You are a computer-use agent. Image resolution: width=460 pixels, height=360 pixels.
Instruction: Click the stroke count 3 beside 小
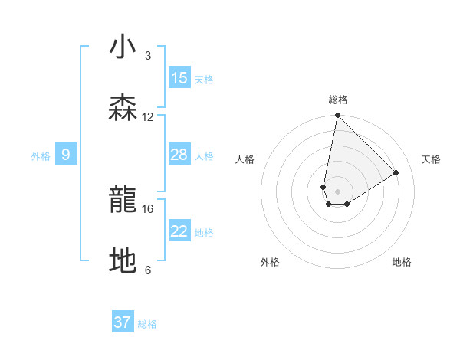pos(148,55)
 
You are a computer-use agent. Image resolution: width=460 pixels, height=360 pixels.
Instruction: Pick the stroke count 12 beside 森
pos(148,116)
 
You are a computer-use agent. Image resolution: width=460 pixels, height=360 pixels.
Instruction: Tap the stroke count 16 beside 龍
pos(148,208)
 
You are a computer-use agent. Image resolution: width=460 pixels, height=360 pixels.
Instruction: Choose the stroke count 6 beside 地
pos(148,270)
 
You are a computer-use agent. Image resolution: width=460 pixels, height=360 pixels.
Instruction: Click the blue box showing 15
pos(179,78)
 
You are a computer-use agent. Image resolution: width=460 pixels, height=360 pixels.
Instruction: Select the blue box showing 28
pos(179,155)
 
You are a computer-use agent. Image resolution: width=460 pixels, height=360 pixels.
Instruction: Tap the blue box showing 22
pos(179,231)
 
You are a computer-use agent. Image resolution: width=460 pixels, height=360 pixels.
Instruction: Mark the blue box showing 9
pos(66,155)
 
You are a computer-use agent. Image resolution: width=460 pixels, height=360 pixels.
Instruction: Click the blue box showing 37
pos(123,322)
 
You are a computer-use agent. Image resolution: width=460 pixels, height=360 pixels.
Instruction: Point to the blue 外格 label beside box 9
pos(41,156)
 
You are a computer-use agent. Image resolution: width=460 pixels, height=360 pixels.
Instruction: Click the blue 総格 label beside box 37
pos(147,324)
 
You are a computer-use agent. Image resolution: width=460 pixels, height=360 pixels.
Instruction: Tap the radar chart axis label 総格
pos(338,100)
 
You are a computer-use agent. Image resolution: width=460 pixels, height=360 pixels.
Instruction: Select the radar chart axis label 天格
pos(432,159)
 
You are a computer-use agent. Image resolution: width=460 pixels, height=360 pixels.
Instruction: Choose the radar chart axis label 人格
pos(245,159)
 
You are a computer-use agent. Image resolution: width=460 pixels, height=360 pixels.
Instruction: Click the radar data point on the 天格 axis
pos(396,172)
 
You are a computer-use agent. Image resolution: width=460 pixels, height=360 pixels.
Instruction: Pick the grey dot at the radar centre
pos(338,191)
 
